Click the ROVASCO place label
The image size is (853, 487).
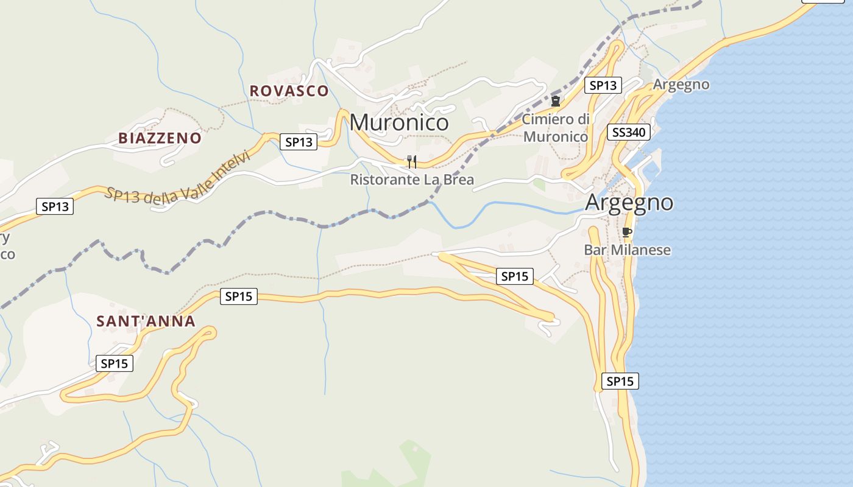pos(289,91)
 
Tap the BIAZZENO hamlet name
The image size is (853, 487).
pos(160,138)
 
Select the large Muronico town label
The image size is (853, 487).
pos(399,122)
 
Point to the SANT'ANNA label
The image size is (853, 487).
pos(146,321)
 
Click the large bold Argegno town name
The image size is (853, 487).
pos(629,202)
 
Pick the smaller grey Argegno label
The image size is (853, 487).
pos(681,85)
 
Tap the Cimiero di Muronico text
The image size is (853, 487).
pos(556,128)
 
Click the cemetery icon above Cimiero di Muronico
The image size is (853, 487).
pos(556,101)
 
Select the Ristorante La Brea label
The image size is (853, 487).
pos(412,180)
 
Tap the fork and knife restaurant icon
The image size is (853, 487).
pos(412,161)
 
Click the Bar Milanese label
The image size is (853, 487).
pos(627,250)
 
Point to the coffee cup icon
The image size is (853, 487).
pos(626,232)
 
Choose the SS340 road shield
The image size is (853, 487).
pos(629,132)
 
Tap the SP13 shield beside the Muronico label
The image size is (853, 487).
pos(299,142)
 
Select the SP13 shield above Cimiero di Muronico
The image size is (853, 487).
pos(603,85)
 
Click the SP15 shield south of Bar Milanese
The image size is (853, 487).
pos(620,382)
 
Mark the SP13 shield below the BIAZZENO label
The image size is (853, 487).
pos(55,206)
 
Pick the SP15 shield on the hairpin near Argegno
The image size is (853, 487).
pos(515,276)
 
